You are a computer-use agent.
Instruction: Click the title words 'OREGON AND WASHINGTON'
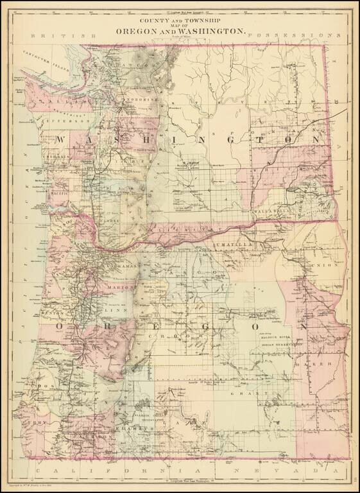point(180,31)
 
